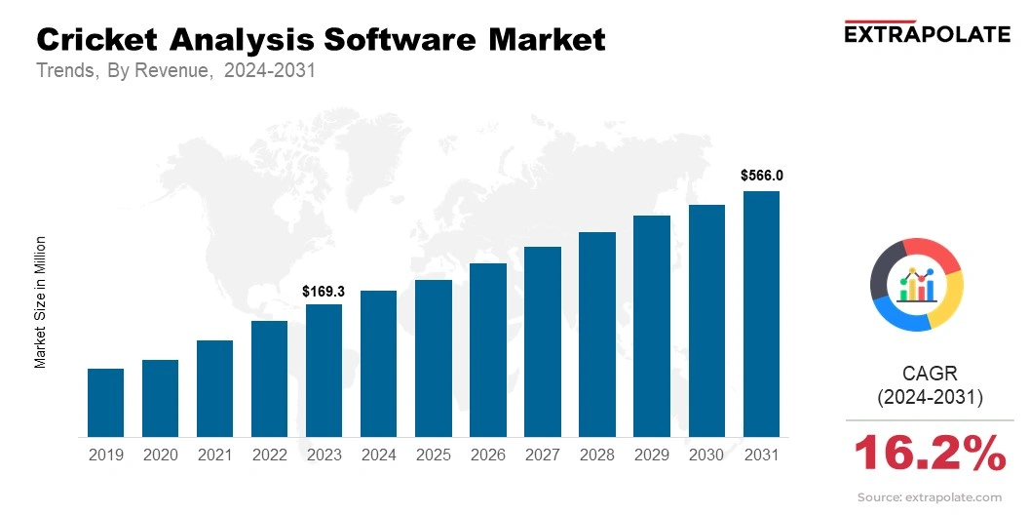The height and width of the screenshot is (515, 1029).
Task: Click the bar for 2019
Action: click(105, 403)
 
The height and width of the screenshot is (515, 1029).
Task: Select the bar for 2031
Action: click(761, 314)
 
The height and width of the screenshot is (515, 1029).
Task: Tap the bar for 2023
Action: click(324, 371)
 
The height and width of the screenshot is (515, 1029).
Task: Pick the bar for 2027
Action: click(543, 341)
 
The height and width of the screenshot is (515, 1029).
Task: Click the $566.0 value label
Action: click(761, 177)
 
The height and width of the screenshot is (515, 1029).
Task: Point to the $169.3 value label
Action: click(324, 291)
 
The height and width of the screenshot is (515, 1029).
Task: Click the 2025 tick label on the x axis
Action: click(433, 455)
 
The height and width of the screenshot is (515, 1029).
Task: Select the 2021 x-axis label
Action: click(214, 455)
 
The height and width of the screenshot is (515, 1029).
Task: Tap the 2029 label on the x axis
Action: click(652, 455)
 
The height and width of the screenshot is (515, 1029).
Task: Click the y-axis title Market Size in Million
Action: click(41, 301)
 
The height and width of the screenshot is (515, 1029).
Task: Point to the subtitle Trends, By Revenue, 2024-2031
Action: click(175, 71)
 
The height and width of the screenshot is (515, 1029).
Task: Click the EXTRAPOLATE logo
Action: click(927, 33)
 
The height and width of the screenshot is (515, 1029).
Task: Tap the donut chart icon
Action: click(916, 284)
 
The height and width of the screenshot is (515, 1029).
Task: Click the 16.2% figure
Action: click(930, 454)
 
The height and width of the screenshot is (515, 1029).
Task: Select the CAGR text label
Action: click(930, 373)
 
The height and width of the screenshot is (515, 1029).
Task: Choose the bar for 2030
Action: click(706, 321)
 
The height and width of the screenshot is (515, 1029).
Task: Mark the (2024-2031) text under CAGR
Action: click(930, 397)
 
